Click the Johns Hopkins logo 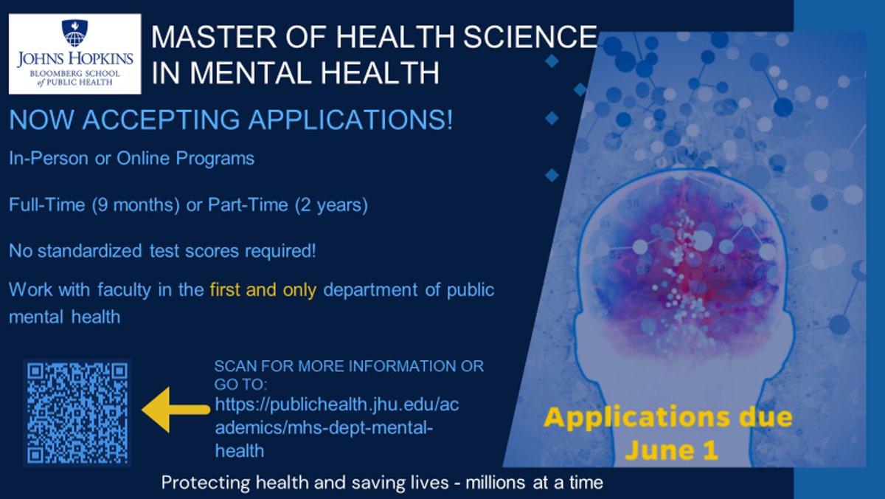[74, 54]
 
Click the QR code [77, 412]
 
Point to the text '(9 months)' [136, 205]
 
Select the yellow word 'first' [225, 290]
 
